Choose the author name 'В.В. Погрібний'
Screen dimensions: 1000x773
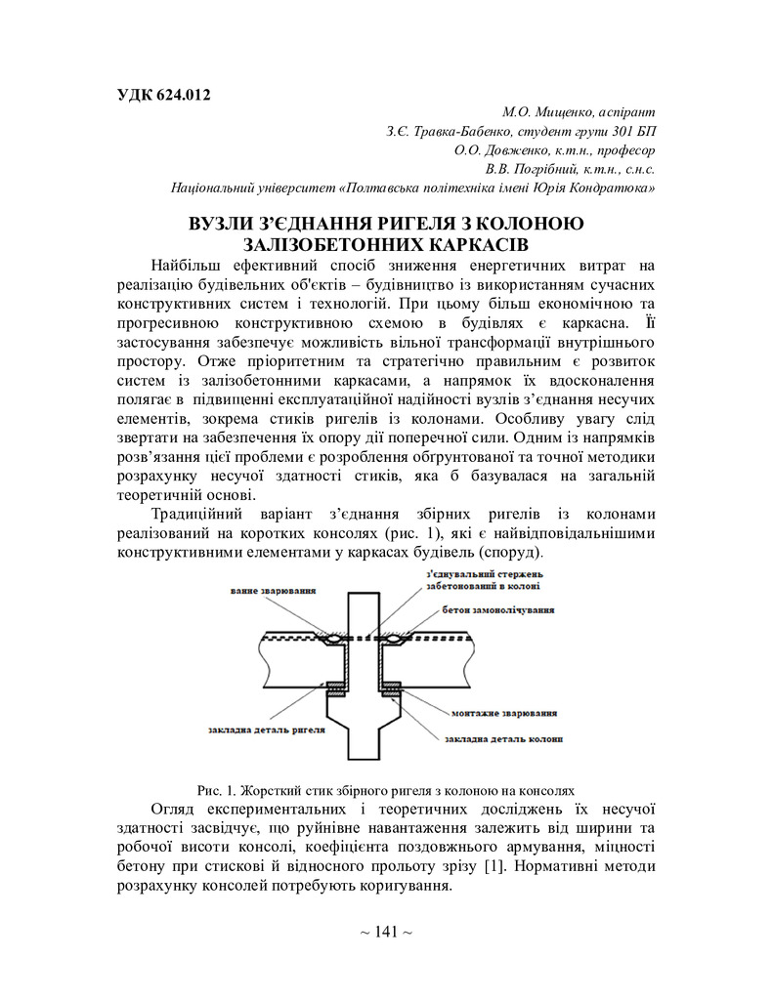point(529,168)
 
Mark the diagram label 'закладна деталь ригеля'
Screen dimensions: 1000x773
point(266,728)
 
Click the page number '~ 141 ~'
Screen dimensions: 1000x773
point(386,932)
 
